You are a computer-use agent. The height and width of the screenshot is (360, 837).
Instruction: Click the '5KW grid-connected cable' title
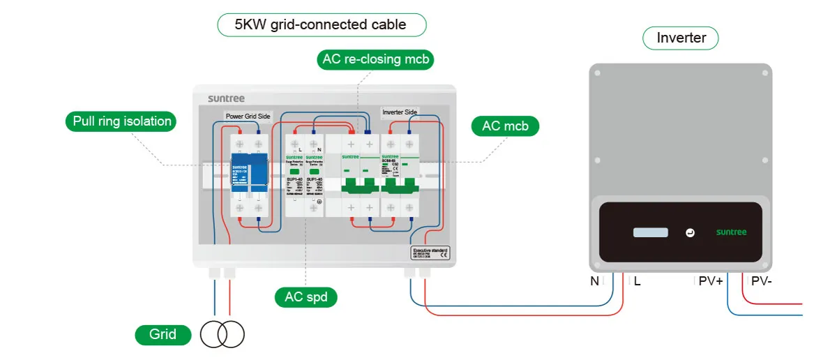click(322, 25)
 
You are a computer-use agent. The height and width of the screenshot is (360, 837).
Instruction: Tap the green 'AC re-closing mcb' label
click(375, 59)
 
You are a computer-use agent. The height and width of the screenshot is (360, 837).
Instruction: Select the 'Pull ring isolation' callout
click(121, 121)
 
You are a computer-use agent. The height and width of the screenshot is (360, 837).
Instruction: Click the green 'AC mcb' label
click(505, 126)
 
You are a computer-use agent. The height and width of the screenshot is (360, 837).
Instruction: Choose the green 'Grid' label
click(163, 335)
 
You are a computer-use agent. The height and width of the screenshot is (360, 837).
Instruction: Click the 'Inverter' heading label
click(681, 38)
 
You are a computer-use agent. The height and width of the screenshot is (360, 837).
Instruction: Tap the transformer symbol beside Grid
click(223, 335)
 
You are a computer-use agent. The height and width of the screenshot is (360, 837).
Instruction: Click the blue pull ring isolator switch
click(249, 174)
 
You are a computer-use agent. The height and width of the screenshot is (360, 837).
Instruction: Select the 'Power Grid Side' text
click(248, 116)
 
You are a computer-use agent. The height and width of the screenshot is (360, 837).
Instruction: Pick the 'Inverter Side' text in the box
click(400, 112)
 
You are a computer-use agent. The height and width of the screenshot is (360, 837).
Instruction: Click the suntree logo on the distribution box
click(227, 98)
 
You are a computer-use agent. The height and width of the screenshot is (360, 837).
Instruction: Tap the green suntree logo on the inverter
click(732, 232)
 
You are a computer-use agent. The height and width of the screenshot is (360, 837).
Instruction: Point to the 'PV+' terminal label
click(711, 282)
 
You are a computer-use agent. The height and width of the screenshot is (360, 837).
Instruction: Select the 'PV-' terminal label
click(761, 282)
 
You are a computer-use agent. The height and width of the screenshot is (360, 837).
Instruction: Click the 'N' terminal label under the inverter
click(595, 282)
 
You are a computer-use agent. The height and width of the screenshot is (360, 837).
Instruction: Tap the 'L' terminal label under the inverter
click(638, 282)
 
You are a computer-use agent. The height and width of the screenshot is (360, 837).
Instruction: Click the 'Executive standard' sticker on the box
click(430, 253)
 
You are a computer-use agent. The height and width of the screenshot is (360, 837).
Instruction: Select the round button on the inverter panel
click(690, 232)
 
